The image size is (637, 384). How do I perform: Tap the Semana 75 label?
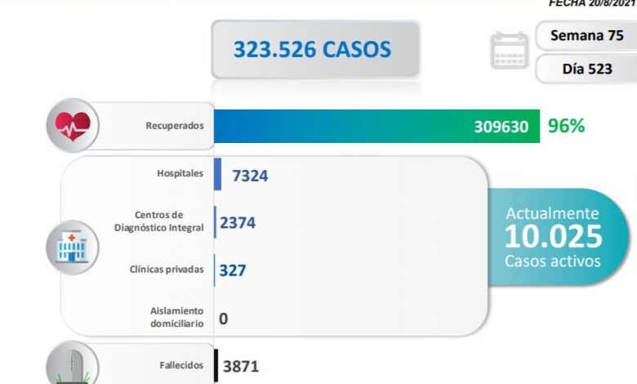(586, 36)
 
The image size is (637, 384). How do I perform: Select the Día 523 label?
(586, 69)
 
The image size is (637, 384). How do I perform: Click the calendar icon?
(510, 51)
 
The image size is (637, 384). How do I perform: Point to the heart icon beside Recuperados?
(73, 127)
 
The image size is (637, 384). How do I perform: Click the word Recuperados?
(174, 127)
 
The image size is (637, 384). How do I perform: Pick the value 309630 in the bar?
(501, 127)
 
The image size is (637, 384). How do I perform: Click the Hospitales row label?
(180, 174)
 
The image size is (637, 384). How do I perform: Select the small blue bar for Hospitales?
(218, 175)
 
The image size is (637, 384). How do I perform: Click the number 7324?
(250, 175)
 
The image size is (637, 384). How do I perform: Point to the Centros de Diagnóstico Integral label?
(169, 221)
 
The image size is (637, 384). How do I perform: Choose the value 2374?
(238, 221)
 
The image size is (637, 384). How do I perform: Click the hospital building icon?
(73, 245)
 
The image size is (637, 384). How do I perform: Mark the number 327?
(233, 270)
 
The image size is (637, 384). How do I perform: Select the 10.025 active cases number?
(553, 237)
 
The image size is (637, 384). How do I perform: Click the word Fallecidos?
(180, 365)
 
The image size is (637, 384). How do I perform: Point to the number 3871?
(239, 366)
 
